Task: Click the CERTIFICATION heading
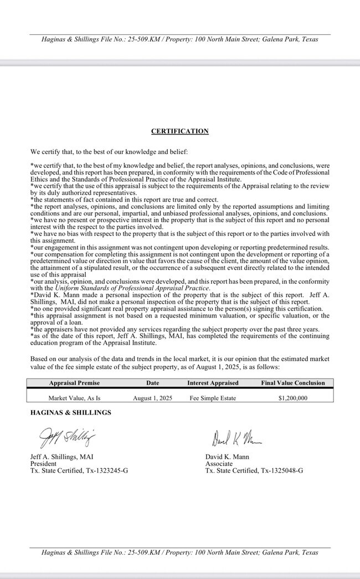pos(180,131)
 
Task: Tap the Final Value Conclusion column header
pos(293,383)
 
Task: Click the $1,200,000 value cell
pos(293,398)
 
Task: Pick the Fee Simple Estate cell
pos(213,398)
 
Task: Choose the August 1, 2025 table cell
pos(153,398)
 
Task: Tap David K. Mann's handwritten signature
pos(235,439)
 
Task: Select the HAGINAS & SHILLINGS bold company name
pos(70,412)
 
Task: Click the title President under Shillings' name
pos(43,464)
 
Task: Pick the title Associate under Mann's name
pos(219,464)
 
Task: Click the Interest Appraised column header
pos(213,383)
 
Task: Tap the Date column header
pos(153,383)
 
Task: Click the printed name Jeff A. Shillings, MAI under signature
pos(61,457)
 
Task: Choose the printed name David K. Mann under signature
pos(227,457)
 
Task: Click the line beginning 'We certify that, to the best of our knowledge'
pos(109,151)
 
